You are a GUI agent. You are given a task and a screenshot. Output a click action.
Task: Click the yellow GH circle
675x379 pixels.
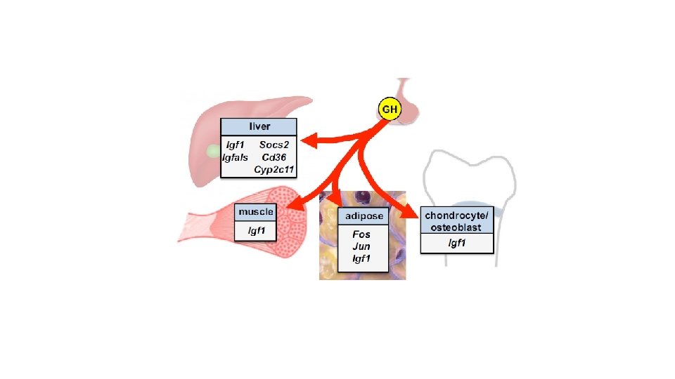tap(389, 109)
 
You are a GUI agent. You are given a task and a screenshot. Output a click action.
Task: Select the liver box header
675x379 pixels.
tap(259, 127)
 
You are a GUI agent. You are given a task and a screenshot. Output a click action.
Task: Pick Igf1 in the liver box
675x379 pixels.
tap(236, 145)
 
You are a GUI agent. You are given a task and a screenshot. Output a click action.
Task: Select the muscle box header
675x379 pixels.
tap(256, 211)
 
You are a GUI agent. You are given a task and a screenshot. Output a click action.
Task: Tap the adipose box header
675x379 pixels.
tap(364, 216)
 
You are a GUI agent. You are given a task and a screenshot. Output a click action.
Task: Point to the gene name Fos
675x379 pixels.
tap(361, 234)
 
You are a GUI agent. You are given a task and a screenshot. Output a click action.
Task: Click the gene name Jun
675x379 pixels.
tap(361, 246)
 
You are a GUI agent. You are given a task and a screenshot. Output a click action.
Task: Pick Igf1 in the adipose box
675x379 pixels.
tap(361, 259)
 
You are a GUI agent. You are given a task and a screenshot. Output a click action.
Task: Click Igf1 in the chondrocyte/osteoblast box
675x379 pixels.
tap(458, 244)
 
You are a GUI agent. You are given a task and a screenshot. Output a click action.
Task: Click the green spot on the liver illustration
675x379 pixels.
tap(212, 151)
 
